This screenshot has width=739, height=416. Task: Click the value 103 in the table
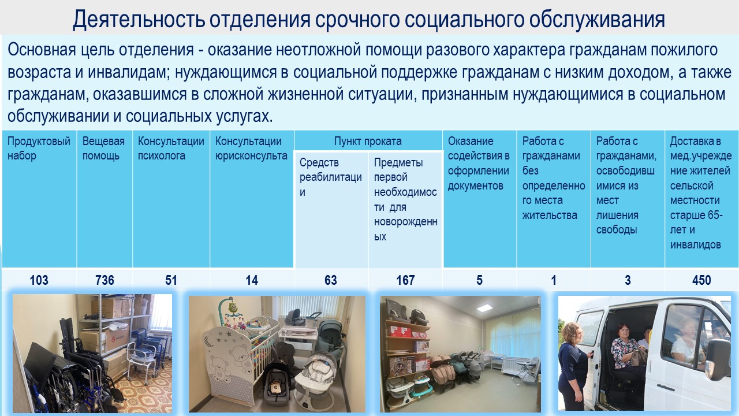coord(39,280)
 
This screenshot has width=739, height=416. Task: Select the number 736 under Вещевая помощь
coord(104,280)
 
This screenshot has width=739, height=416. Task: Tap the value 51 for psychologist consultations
coord(171,280)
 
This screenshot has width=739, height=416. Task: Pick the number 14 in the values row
coord(252,280)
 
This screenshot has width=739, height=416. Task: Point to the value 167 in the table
coord(405,280)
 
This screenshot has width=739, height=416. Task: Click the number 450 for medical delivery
coord(701,280)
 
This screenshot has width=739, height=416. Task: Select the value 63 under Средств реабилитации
coord(331,280)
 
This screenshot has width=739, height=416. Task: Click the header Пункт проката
coord(368,142)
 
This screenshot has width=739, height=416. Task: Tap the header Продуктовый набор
coord(39,148)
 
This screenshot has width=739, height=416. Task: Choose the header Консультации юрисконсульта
coord(251,148)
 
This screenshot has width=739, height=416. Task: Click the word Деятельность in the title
coord(138,20)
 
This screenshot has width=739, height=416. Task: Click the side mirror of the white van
coord(719,359)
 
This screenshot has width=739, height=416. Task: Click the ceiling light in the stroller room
coord(484,308)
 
